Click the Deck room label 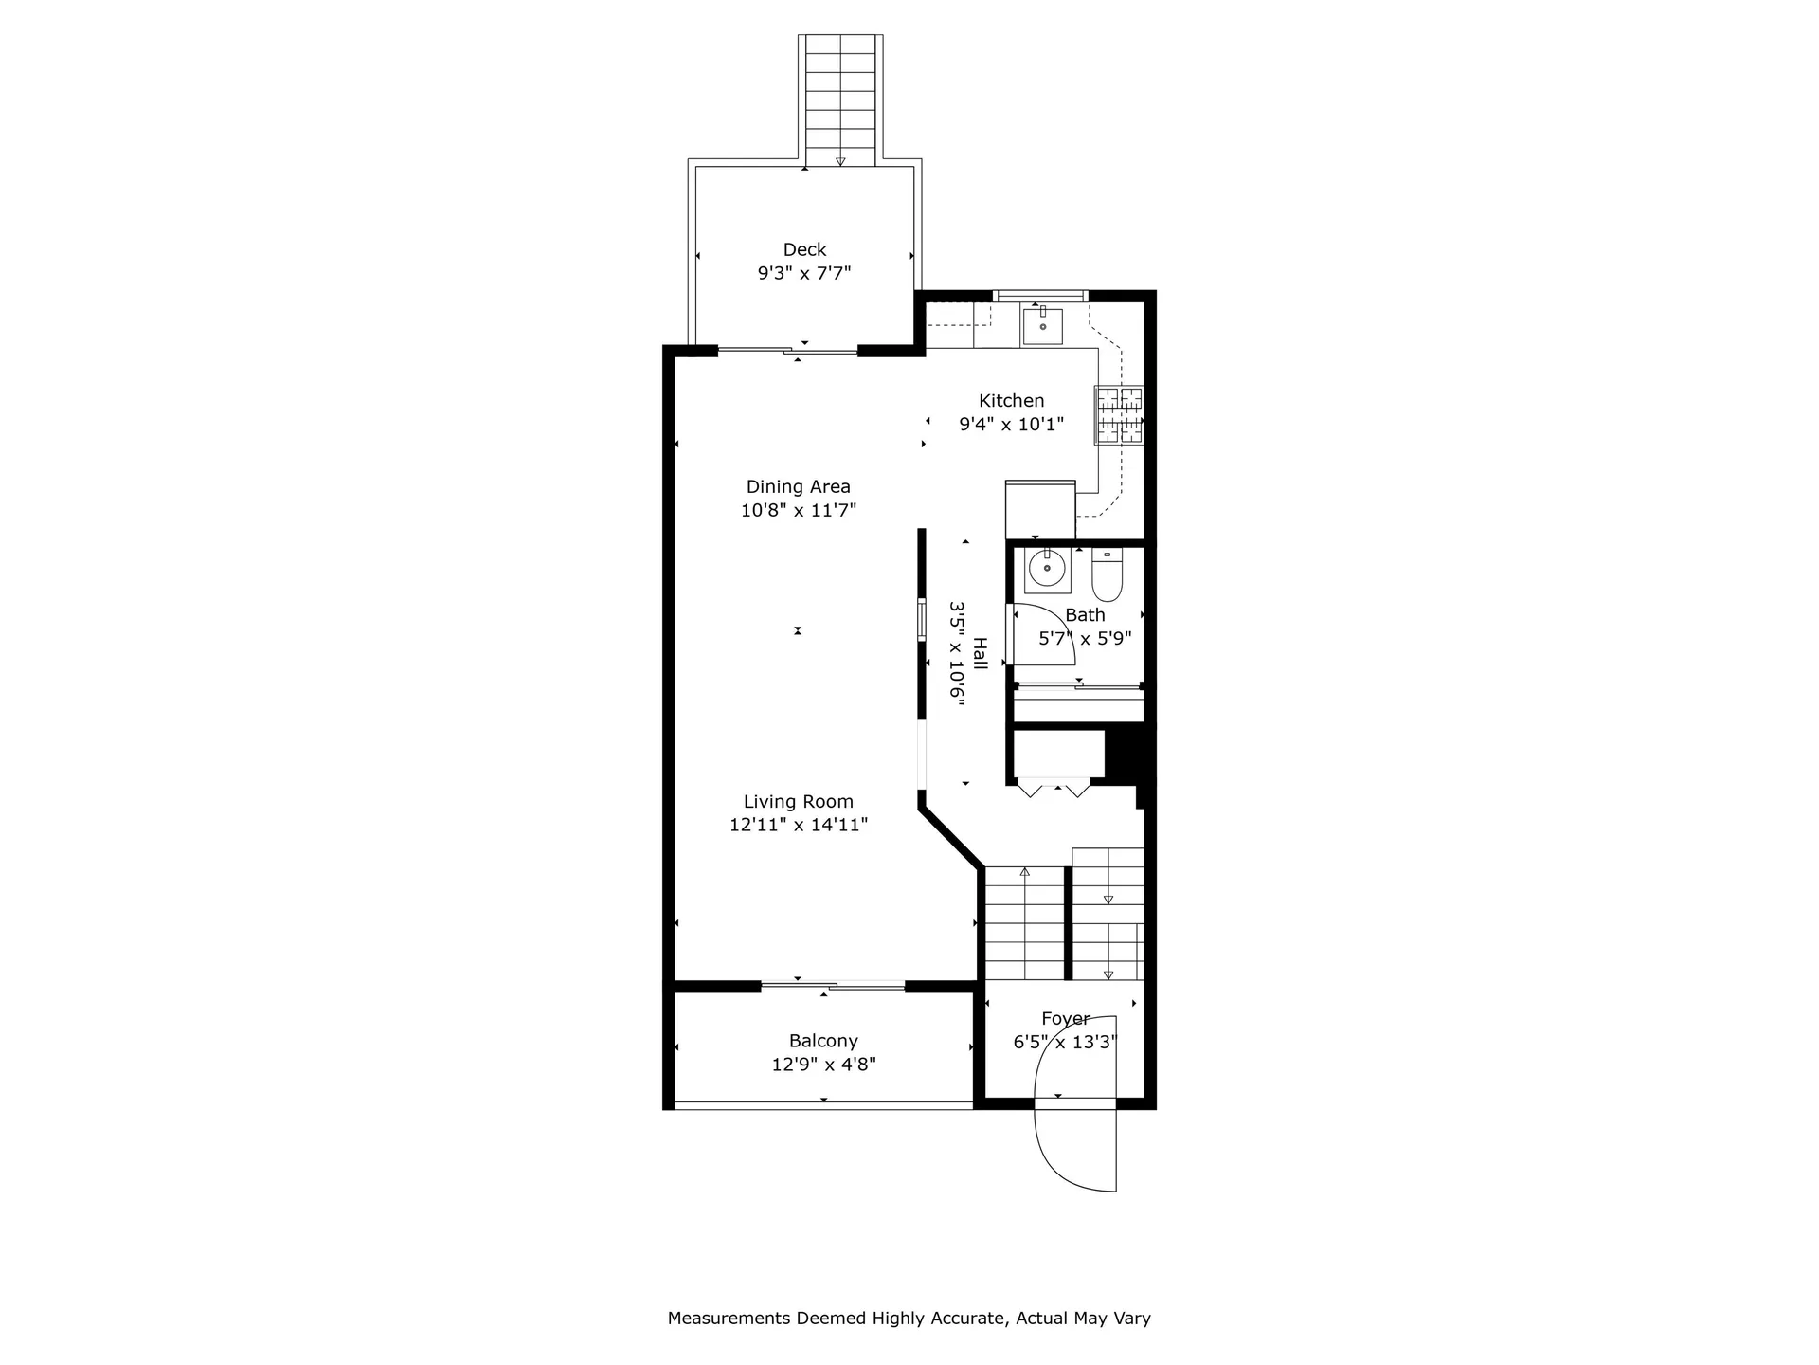804,249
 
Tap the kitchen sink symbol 1042,326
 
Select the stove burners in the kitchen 1120,415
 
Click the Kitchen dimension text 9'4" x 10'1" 1011,425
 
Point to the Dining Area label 798,486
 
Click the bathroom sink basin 1048,571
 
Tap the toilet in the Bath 1107,574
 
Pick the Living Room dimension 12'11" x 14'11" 798,825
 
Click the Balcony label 823,1041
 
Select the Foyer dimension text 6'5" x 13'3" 1065,1043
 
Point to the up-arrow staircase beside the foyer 1024,924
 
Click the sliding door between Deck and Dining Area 788,352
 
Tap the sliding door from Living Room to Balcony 833,987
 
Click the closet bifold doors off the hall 1054,788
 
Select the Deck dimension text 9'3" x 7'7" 804,274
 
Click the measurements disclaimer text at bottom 909,1318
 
